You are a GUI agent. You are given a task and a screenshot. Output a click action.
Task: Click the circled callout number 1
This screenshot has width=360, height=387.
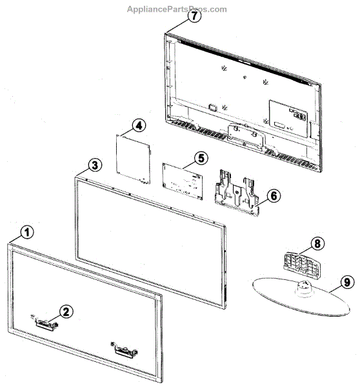pos(26,231)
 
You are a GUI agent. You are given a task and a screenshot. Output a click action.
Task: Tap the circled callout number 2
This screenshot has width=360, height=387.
pos(66,311)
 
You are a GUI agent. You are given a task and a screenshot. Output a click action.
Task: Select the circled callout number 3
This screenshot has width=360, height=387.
pos(94,165)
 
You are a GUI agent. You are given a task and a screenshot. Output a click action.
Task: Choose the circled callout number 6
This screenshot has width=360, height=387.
pos(274,194)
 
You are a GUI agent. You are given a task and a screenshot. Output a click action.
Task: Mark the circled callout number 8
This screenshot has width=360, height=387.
pos(316,244)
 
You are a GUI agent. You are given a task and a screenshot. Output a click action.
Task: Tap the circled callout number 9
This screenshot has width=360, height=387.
pos(346,281)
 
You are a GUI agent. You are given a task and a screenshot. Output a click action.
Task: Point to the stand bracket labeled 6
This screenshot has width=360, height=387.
pos(235,191)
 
